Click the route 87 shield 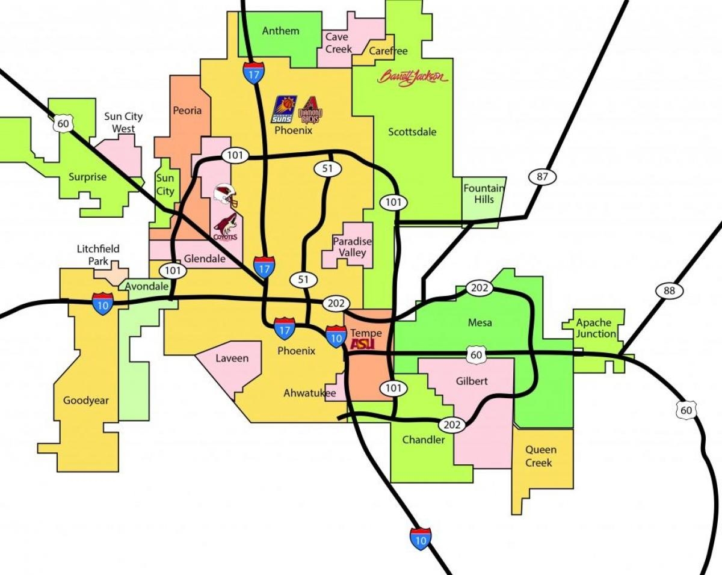pos(543,176)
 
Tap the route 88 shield pos(669,291)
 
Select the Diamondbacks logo pos(311,110)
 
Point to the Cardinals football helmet pos(226,194)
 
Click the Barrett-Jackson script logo pos(413,77)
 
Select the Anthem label pos(280,31)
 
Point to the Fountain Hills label pos(483,194)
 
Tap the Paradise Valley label pos(353,247)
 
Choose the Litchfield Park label pos(98,255)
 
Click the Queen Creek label pos(540,456)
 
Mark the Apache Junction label pos(596,328)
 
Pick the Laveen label pos(232,358)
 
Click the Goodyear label pos(86,400)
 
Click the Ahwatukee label pos(306,393)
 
